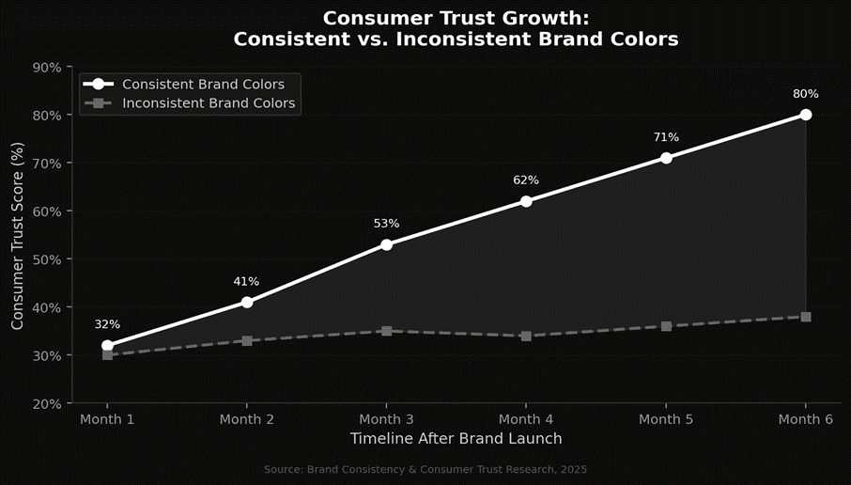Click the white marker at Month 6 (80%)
coord(806,115)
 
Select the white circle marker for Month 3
coord(386,244)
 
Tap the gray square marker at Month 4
coord(526,336)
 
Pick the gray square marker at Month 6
coord(806,317)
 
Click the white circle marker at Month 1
coord(107,346)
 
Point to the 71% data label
coord(666,137)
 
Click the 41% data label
coord(246,281)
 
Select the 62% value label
coord(526,180)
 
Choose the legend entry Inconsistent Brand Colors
coord(209,103)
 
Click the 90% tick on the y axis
coord(47,68)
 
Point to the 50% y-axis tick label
coord(47,259)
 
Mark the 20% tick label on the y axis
coord(47,403)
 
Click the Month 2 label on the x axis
coord(246,419)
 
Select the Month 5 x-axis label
coord(666,419)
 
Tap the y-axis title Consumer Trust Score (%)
coord(18,235)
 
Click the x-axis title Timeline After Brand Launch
coord(456,439)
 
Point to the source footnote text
coord(425,468)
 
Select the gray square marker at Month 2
coord(246,340)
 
